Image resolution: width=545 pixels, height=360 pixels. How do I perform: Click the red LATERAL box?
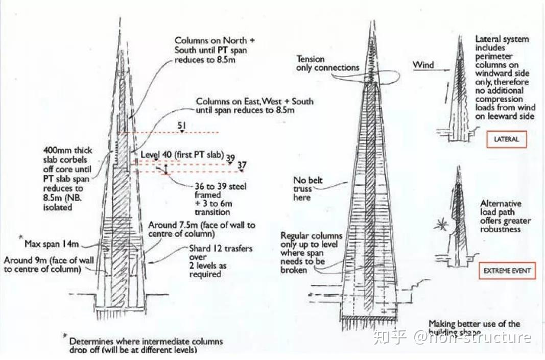click(x=506, y=139)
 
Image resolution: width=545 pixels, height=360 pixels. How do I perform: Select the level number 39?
click(x=230, y=158)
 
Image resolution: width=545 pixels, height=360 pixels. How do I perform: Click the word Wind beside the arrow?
click(x=423, y=65)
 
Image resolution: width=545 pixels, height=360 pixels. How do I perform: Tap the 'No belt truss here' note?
click(x=308, y=188)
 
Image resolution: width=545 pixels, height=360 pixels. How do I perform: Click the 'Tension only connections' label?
click(x=327, y=63)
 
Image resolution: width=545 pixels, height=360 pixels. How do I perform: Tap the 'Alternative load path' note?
click(x=505, y=216)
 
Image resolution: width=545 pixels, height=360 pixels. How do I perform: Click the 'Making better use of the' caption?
click(x=474, y=324)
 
